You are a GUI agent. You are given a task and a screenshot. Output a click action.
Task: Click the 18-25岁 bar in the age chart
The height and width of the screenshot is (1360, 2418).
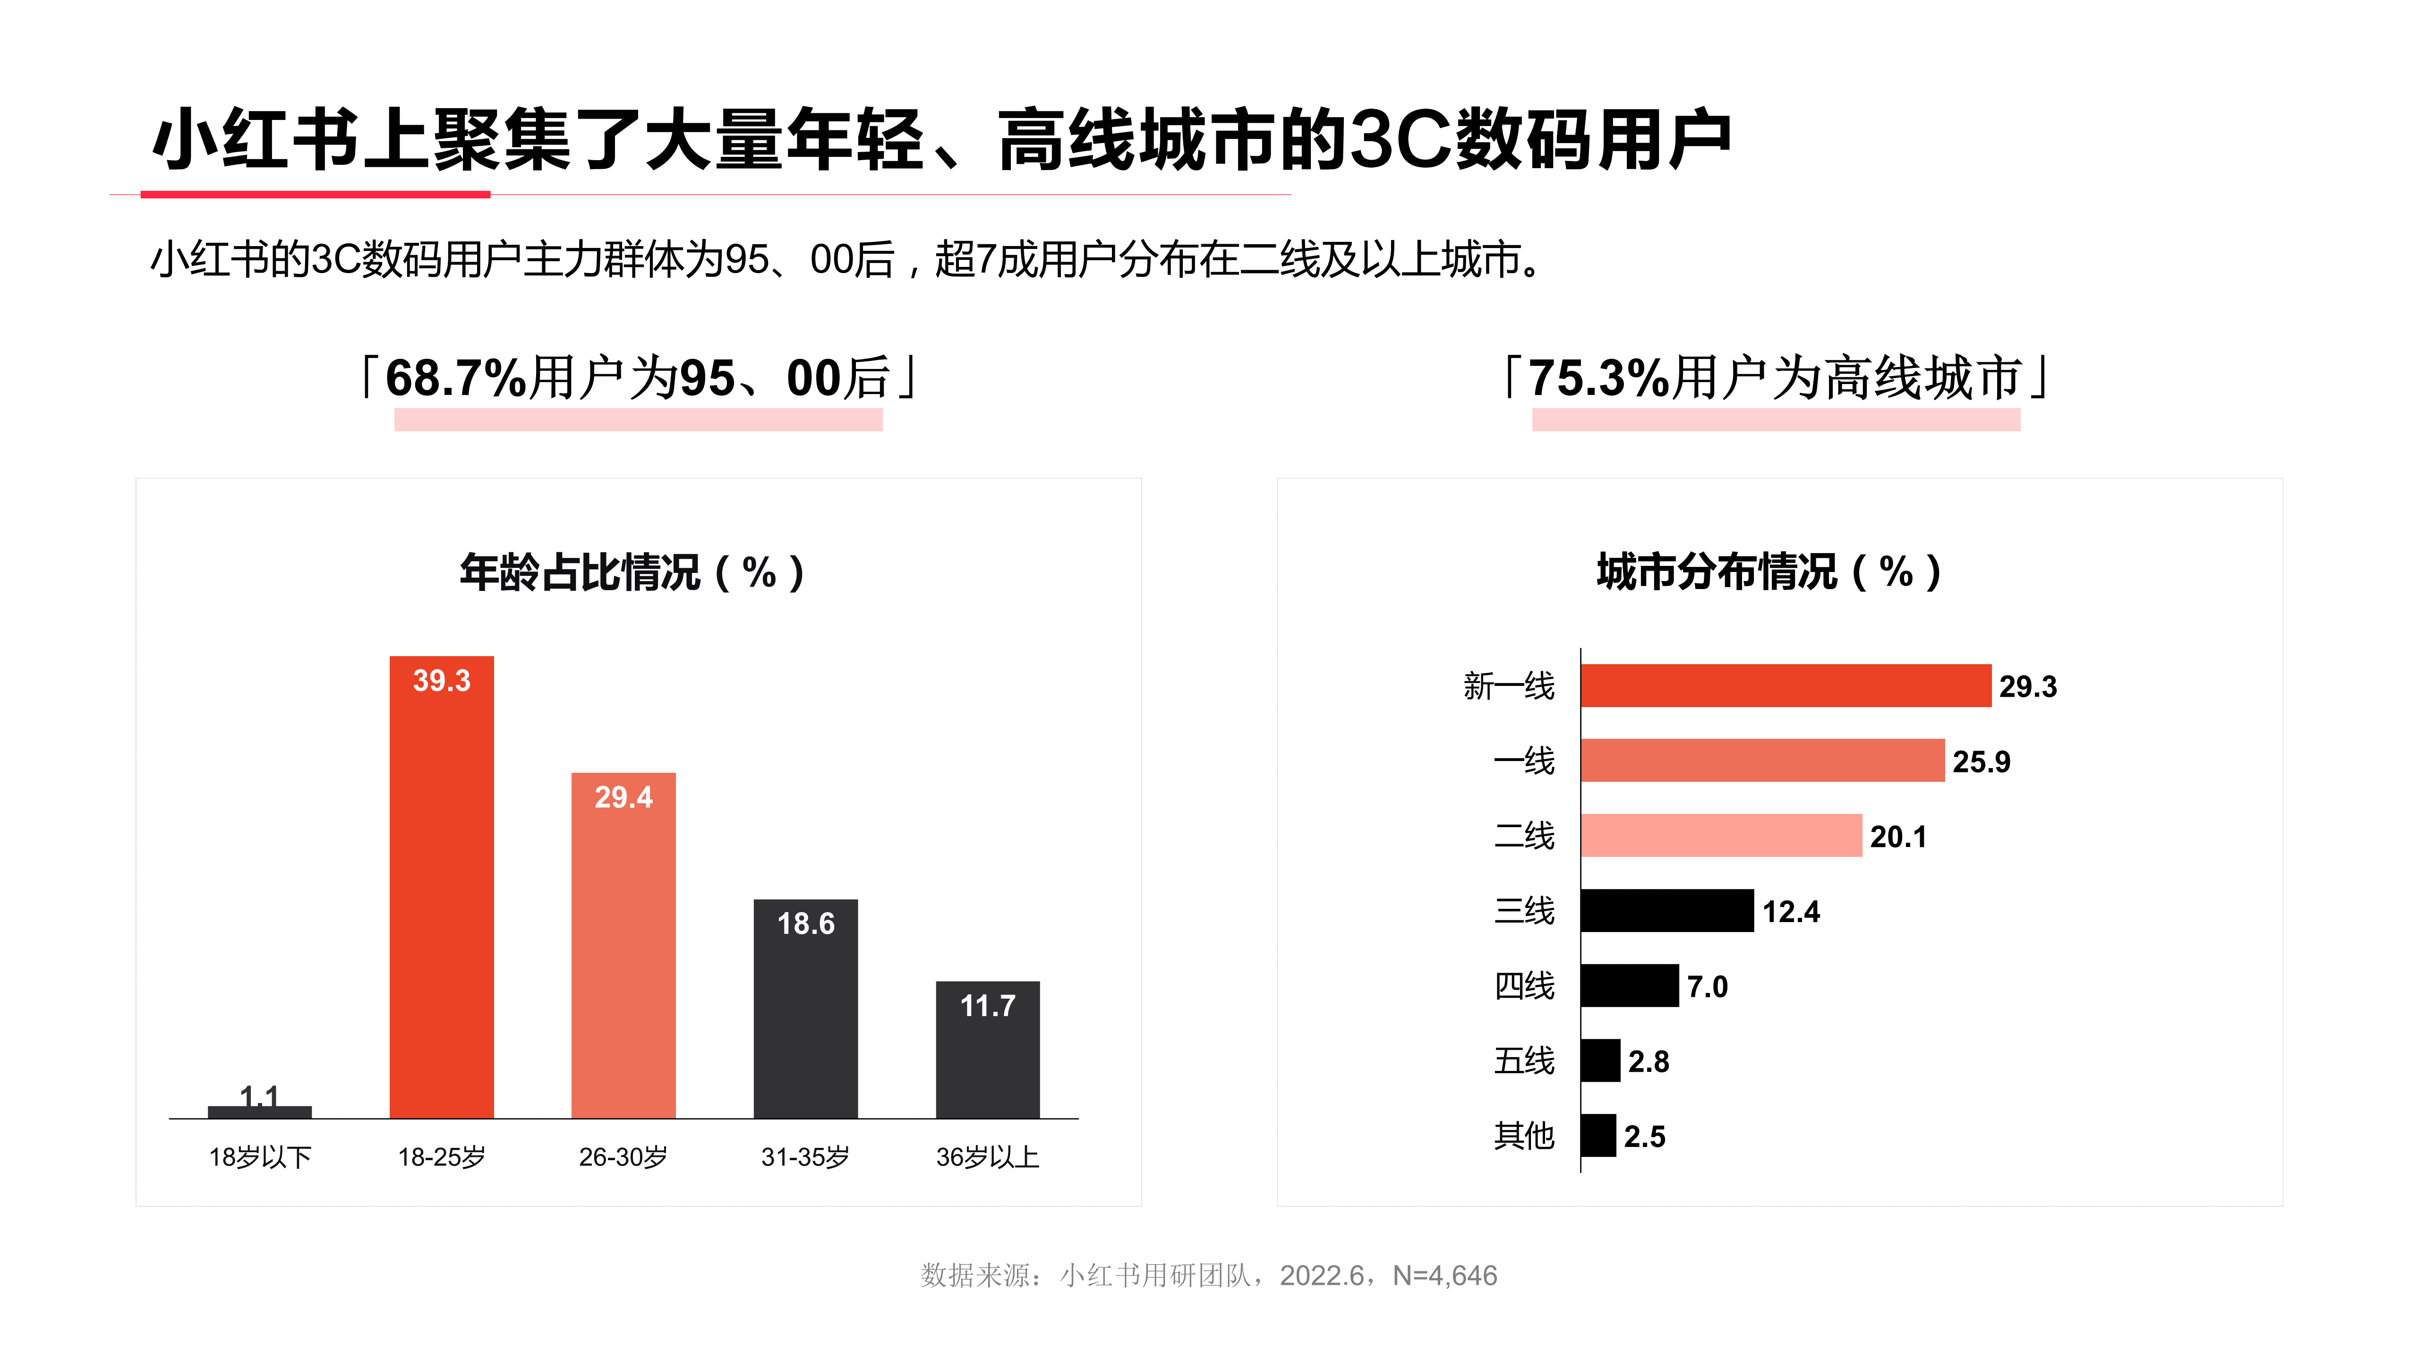coord(441,901)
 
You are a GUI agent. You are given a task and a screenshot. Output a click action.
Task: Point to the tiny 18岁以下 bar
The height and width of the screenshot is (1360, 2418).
coord(259,1112)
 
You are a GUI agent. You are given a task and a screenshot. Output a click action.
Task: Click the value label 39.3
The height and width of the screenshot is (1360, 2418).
coord(441,680)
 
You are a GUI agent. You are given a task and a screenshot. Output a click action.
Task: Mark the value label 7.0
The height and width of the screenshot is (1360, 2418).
coord(1707,986)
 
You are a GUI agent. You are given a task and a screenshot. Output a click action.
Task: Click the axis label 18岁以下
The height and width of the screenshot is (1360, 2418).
coord(259,1157)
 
